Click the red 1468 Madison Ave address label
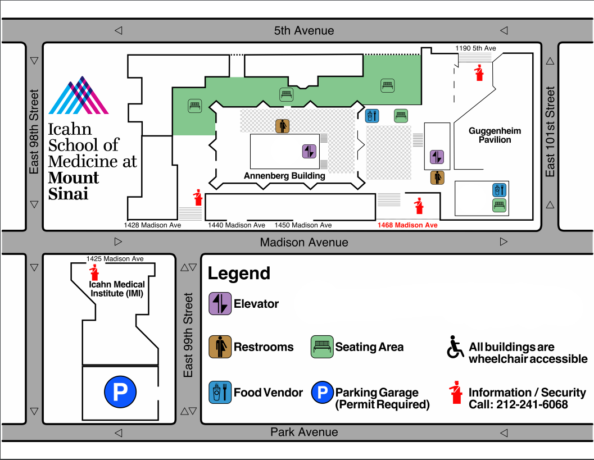click(407, 225)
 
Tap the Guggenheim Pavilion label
click(495, 135)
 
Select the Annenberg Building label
click(284, 176)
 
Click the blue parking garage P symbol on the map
click(120, 392)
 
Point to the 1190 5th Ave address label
click(475, 48)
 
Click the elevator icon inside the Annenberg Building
click(310, 152)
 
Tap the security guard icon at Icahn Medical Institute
click(94, 273)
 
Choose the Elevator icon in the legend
click(220, 304)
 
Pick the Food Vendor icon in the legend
click(220, 392)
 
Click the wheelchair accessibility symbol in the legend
click(455, 347)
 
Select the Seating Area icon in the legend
click(322, 347)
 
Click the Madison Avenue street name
click(303, 243)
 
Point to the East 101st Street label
click(550, 131)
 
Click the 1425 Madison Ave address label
click(115, 259)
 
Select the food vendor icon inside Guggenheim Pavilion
click(499, 189)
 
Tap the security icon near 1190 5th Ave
click(479, 72)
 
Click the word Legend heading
click(239, 274)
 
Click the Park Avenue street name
click(304, 432)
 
